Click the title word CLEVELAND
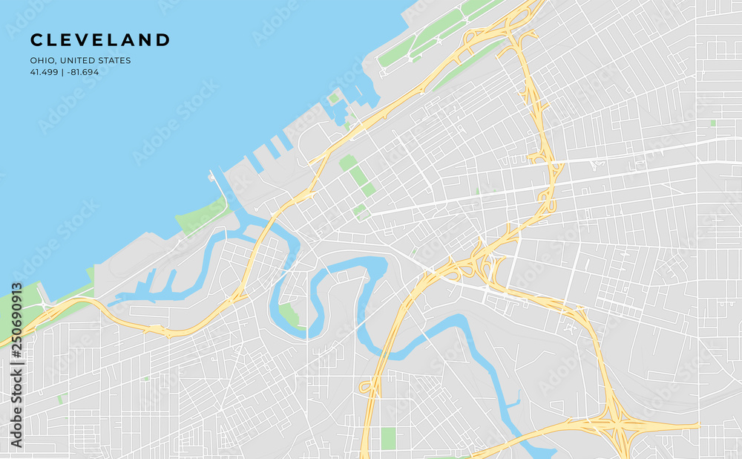100,40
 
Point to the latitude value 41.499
44,72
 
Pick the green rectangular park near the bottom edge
388,437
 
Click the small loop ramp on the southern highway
365,387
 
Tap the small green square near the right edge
712,123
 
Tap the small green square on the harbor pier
334,97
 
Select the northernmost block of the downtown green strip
347,162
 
